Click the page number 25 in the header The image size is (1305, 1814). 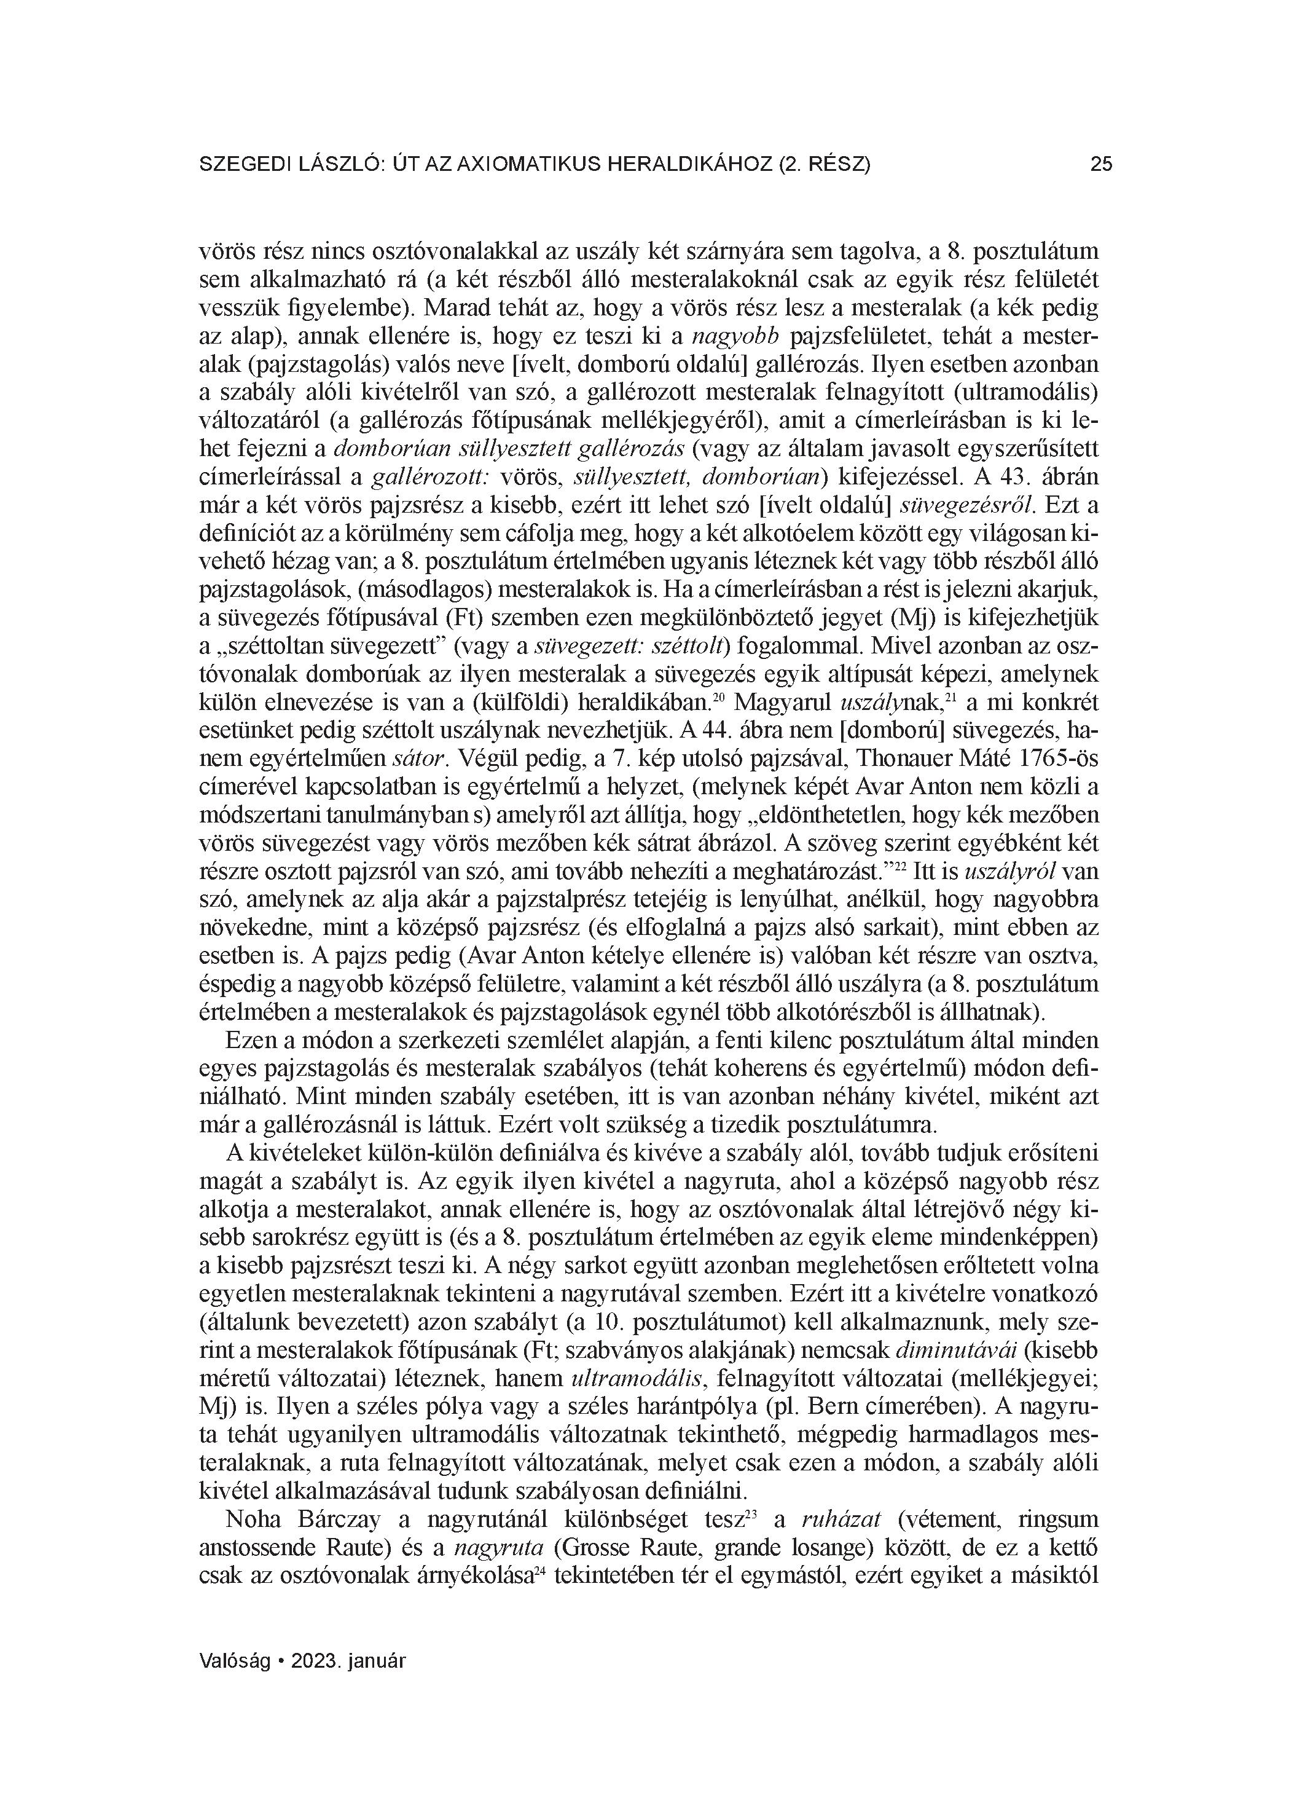pos(1100,165)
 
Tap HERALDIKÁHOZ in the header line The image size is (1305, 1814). pos(690,165)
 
